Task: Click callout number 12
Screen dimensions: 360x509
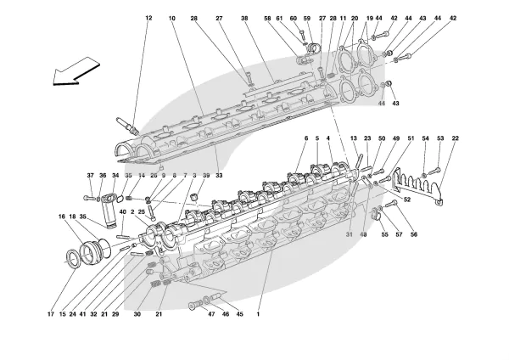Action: coord(148,18)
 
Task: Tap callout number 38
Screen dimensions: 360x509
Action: coord(244,18)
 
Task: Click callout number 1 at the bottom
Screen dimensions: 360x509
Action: coord(258,313)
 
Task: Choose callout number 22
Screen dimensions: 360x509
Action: coord(456,138)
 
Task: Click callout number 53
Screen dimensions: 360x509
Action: coord(440,138)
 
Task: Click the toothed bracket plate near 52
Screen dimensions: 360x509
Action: coord(417,183)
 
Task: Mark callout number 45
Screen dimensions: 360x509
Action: coord(240,313)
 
